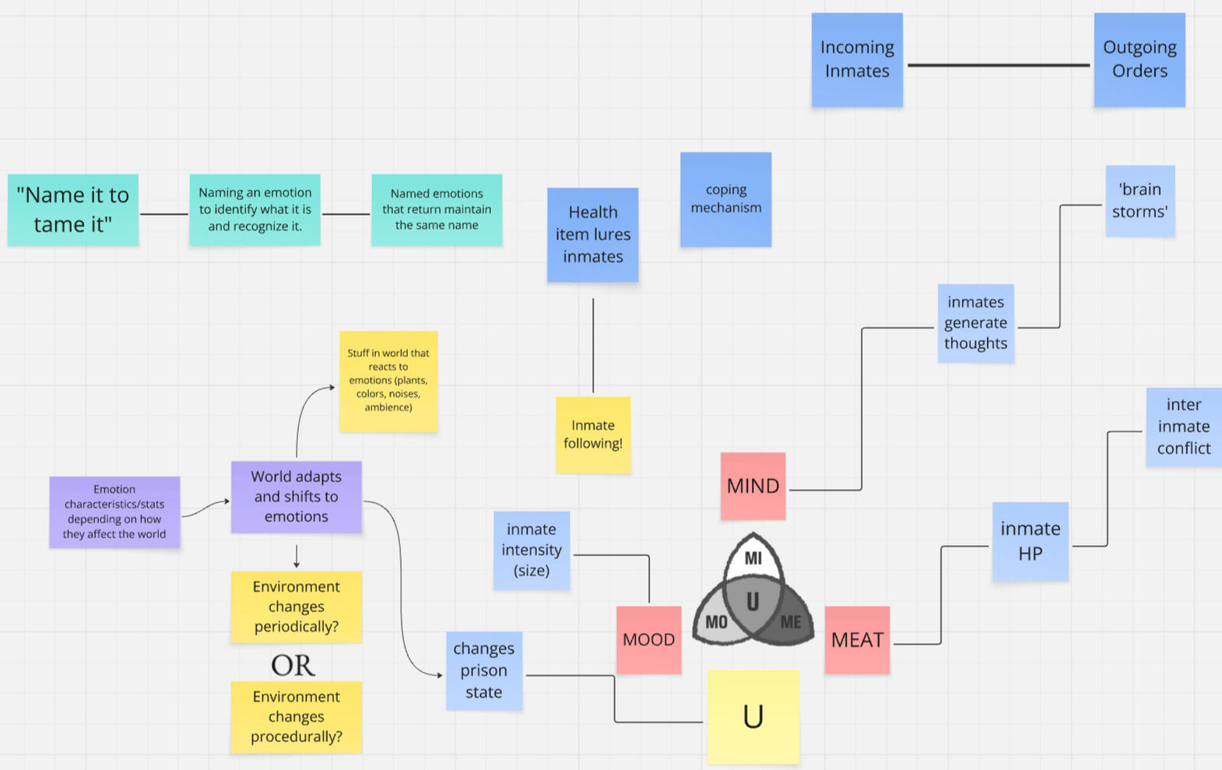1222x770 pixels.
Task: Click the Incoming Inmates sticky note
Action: pyautogui.click(x=857, y=59)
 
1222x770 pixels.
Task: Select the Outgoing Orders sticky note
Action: pyautogui.click(x=1139, y=59)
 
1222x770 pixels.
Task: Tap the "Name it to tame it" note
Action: pyautogui.click(x=73, y=209)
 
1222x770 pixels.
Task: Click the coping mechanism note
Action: pyautogui.click(x=725, y=199)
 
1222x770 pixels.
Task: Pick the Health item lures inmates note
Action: pyautogui.click(x=592, y=234)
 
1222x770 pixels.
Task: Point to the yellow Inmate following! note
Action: pyautogui.click(x=593, y=434)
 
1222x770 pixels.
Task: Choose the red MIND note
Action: pyautogui.click(x=753, y=486)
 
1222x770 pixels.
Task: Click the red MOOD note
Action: pyautogui.click(x=648, y=640)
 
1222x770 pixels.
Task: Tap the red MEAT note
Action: pyautogui.click(x=857, y=640)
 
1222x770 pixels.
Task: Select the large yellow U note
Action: pyautogui.click(x=753, y=716)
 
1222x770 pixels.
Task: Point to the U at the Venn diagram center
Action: pyautogui.click(x=753, y=601)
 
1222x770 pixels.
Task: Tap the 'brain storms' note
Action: pyautogui.click(x=1139, y=200)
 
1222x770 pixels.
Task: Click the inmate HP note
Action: pyautogui.click(x=1030, y=541)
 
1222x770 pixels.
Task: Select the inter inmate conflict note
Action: pyautogui.click(x=1183, y=427)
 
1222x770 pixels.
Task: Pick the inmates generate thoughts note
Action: pyautogui.click(x=975, y=323)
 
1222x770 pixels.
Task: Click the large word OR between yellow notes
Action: pyautogui.click(x=293, y=666)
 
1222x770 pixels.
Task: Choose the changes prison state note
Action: pyautogui.click(x=483, y=670)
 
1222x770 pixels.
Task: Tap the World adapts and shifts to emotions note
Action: pyautogui.click(x=296, y=497)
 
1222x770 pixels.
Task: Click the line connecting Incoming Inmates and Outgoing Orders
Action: pyautogui.click(x=998, y=65)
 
